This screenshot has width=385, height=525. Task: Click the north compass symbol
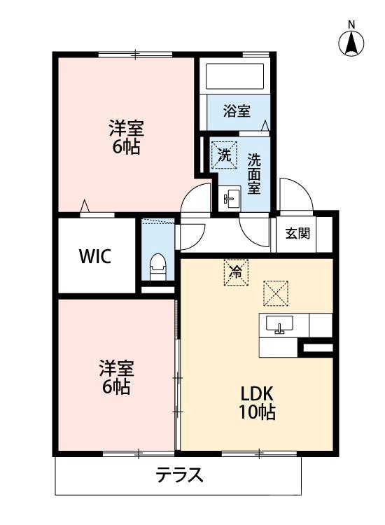click(x=351, y=43)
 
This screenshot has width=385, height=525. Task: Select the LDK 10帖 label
click(x=258, y=402)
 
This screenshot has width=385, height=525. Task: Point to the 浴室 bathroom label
click(x=237, y=111)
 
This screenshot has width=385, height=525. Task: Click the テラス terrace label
click(x=179, y=476)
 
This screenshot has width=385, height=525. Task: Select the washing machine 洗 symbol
click(x=224, y=155)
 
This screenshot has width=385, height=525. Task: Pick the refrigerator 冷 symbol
click(x=236, y=272)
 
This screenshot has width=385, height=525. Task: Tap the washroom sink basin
click(x=230, y=199)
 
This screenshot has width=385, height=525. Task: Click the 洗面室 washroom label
click(x=254, y=173)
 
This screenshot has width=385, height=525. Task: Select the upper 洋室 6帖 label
click(x=126, y=137)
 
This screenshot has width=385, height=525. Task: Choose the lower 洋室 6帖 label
click(x=116, y=377)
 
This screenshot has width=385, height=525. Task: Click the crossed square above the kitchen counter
click(x=276, y=293)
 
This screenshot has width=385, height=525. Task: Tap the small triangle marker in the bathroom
click(x=265, y=125)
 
